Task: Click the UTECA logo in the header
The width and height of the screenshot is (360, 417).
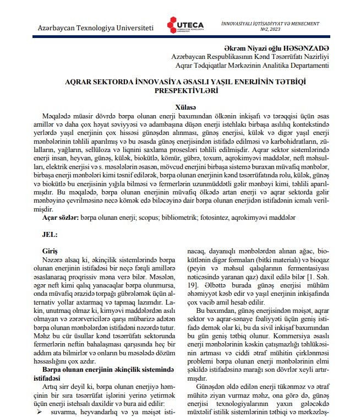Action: click(186, 25)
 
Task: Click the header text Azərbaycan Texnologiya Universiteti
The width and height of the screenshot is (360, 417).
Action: click(92, 27)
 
